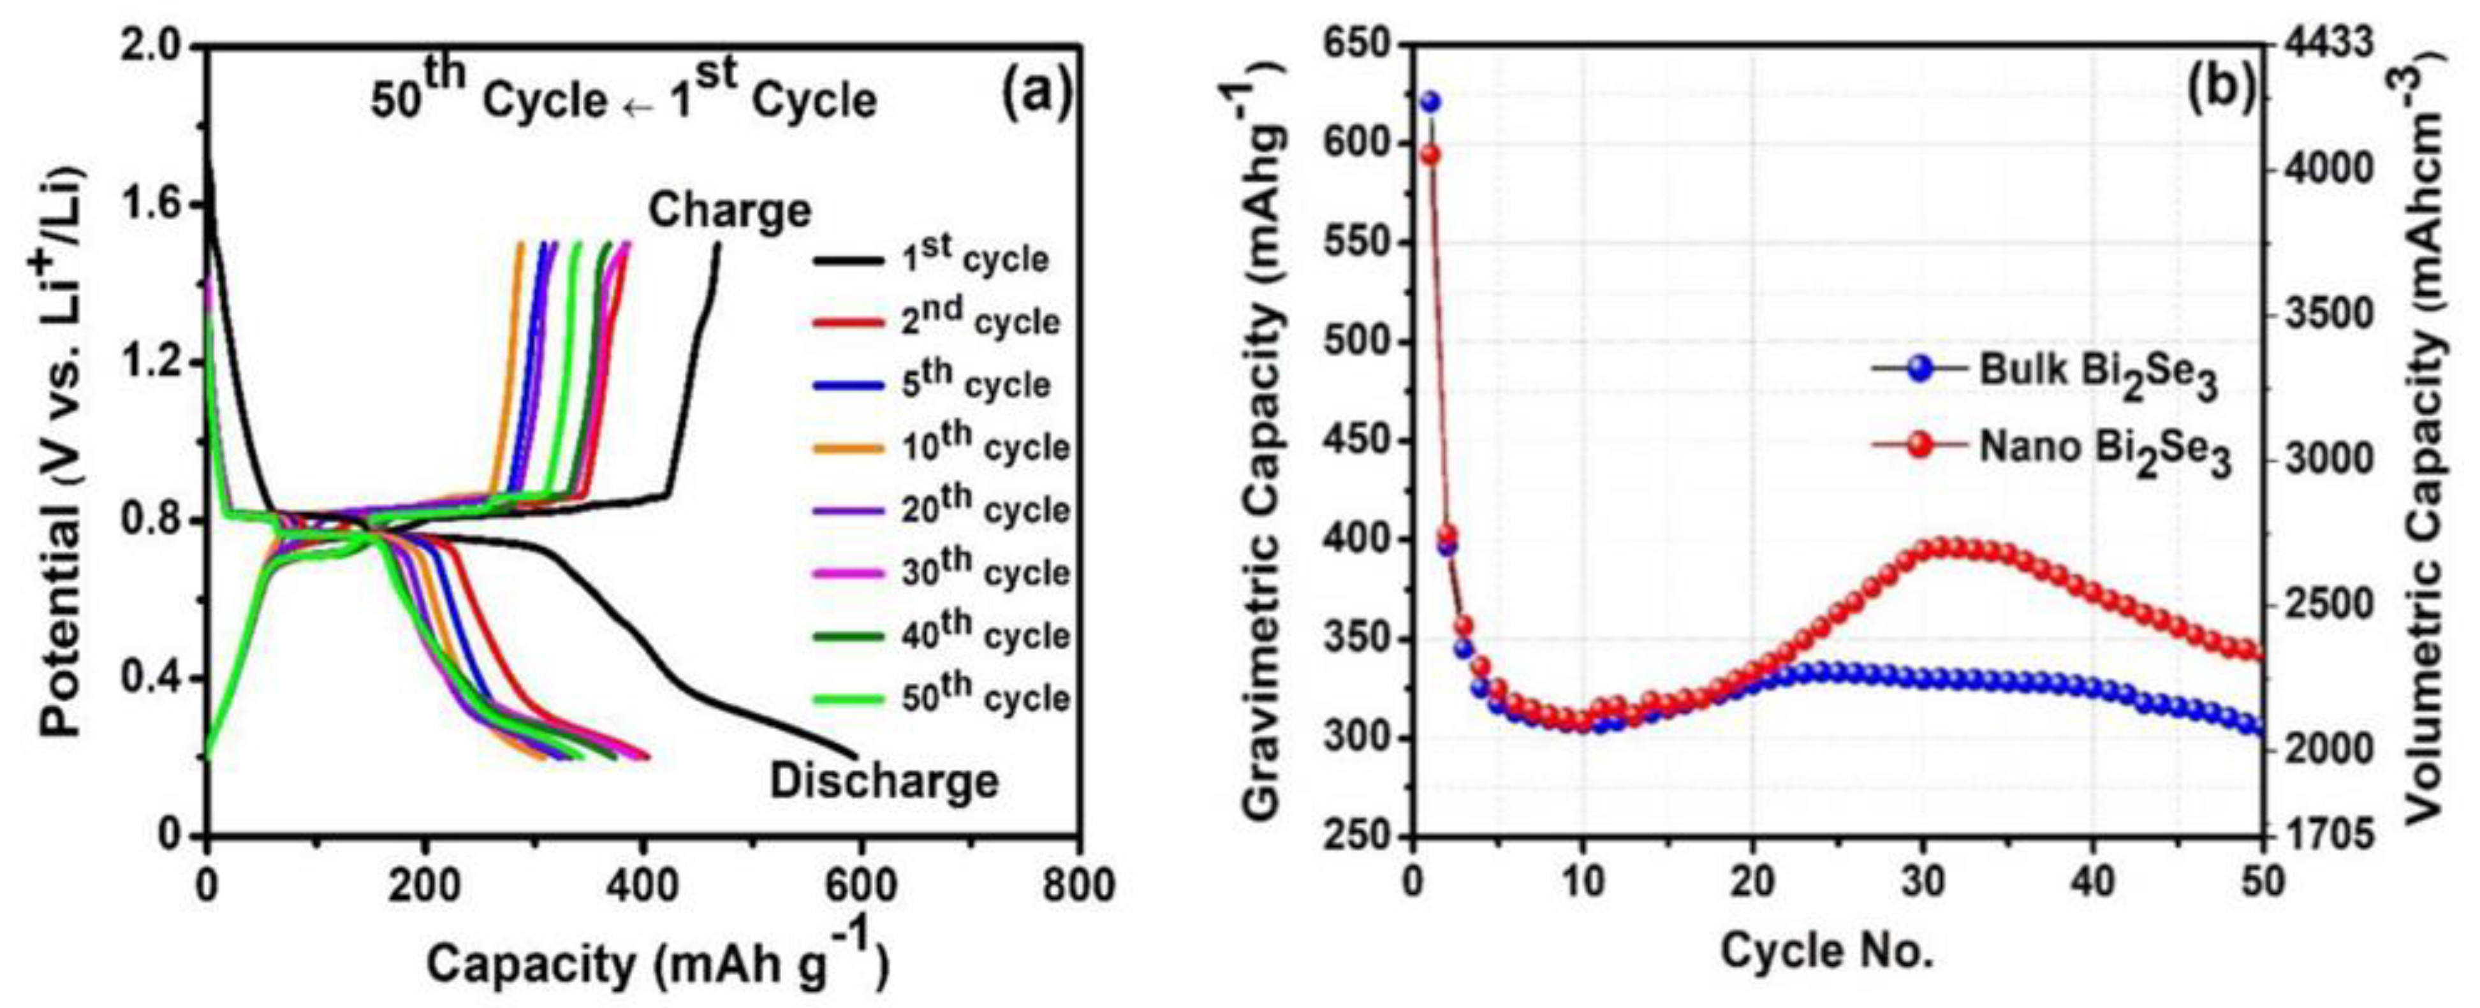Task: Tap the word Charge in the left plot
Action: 729,210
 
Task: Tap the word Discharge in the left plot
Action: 884,781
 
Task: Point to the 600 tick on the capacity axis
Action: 860,884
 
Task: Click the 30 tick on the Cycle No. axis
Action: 1923,881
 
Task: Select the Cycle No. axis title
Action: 1826,952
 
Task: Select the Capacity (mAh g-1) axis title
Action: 657,963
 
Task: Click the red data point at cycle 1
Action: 1430,154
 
